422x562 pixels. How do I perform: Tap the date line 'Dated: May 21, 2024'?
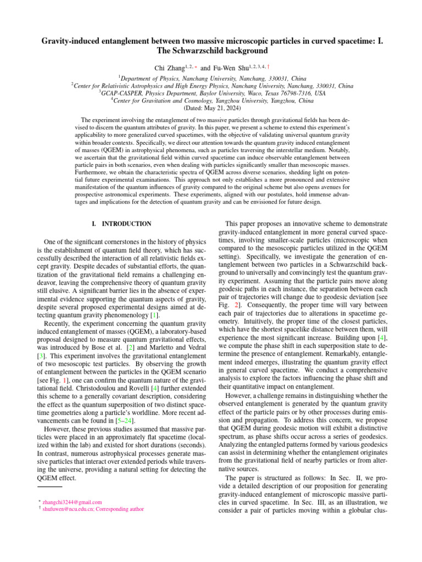[x=211, y=108]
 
